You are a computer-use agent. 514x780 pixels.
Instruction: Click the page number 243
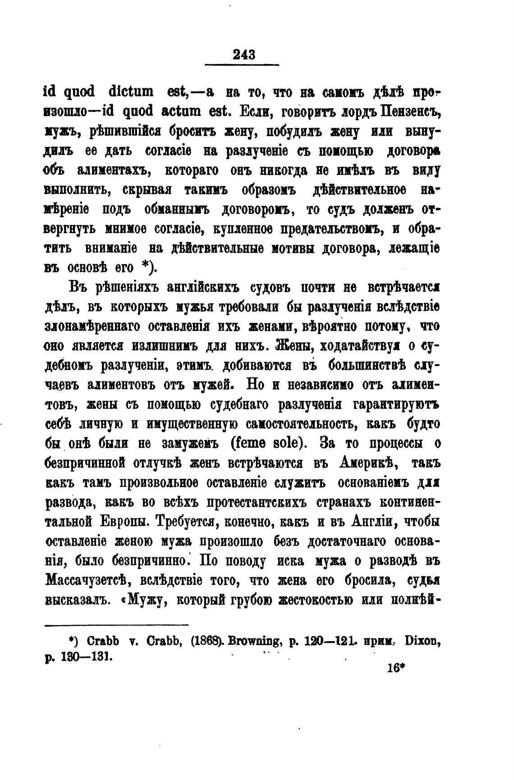(244, 55)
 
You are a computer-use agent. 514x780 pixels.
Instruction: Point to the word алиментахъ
(113, 171)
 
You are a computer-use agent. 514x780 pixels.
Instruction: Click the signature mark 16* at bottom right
(394, 668)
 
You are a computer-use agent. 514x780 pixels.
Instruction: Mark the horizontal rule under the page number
(242, 66)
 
